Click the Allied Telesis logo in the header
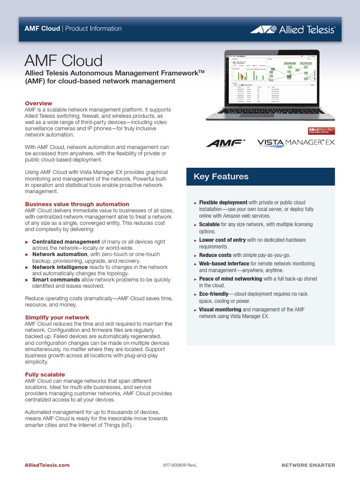click(292, 30)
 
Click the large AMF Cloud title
click(63, 61)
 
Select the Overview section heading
click(38, 103)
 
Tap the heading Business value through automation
click(77, 204)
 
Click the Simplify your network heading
click(57, 317)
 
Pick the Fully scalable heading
click(45, 375)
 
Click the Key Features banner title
click(221, 177)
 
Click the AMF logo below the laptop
click(226, 142)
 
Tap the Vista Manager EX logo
click(296, 142)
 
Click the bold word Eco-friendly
click(213, 294)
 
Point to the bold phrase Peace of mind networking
click(230, 278)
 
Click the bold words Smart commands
click(56, 279)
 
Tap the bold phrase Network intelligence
click(60, 267)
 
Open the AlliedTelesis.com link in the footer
click(47, 465)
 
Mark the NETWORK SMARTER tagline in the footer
click(308, 465)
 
